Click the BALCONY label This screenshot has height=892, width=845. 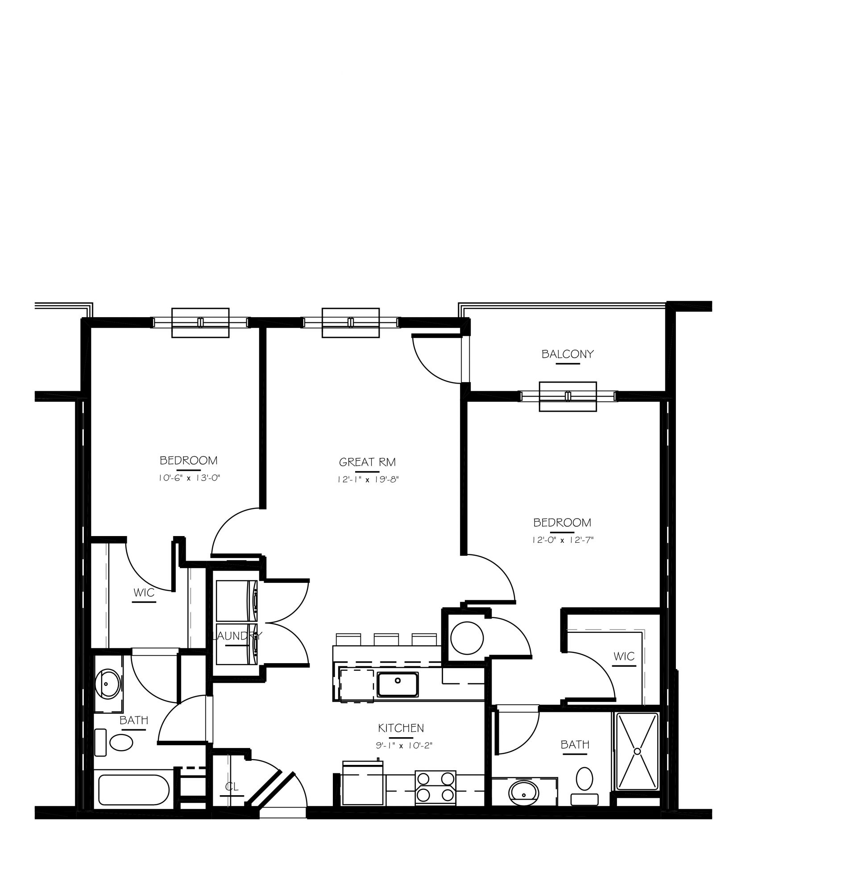coord(567,355)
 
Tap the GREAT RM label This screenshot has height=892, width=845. coord(367,463)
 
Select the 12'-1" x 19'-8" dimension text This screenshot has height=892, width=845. coord(368,480)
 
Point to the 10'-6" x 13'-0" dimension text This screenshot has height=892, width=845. coord(189,478)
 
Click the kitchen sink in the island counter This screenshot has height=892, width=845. coord(398,685)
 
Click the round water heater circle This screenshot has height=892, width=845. coord(467,638)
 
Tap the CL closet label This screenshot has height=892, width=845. coord(232,787)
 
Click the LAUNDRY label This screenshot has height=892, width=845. coord(237,636)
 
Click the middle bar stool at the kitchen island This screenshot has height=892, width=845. coord(386,640)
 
